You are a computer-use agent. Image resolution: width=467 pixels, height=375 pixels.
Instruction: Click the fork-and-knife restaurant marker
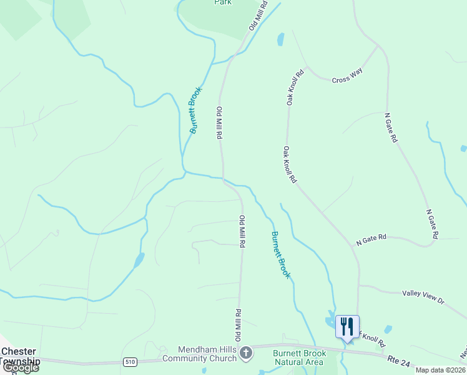[347, 327]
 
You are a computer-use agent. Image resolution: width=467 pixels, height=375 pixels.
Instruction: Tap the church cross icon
[246, 354]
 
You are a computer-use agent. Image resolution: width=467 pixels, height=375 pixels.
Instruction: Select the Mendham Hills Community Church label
[199, 354]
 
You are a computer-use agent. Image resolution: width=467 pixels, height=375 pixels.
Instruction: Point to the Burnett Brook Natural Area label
[299, 357]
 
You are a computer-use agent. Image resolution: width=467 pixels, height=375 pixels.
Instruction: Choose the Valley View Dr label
[423, 297]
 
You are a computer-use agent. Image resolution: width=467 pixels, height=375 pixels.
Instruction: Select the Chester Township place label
[20, 356]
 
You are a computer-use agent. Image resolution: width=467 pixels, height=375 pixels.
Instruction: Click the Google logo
[20, 367]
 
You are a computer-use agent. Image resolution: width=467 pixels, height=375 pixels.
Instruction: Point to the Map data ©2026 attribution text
[440, 370]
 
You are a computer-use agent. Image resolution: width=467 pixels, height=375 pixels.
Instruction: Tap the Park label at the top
[223, 2]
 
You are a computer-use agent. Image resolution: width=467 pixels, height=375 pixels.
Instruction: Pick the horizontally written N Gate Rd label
[372, 238]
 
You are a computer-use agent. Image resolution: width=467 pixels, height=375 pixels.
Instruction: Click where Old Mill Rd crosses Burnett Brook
[223, 179]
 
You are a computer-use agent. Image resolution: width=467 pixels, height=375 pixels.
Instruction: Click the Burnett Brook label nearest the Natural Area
[280, 254]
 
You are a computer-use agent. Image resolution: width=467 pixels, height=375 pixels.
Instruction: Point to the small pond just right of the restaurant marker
[388, 329]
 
